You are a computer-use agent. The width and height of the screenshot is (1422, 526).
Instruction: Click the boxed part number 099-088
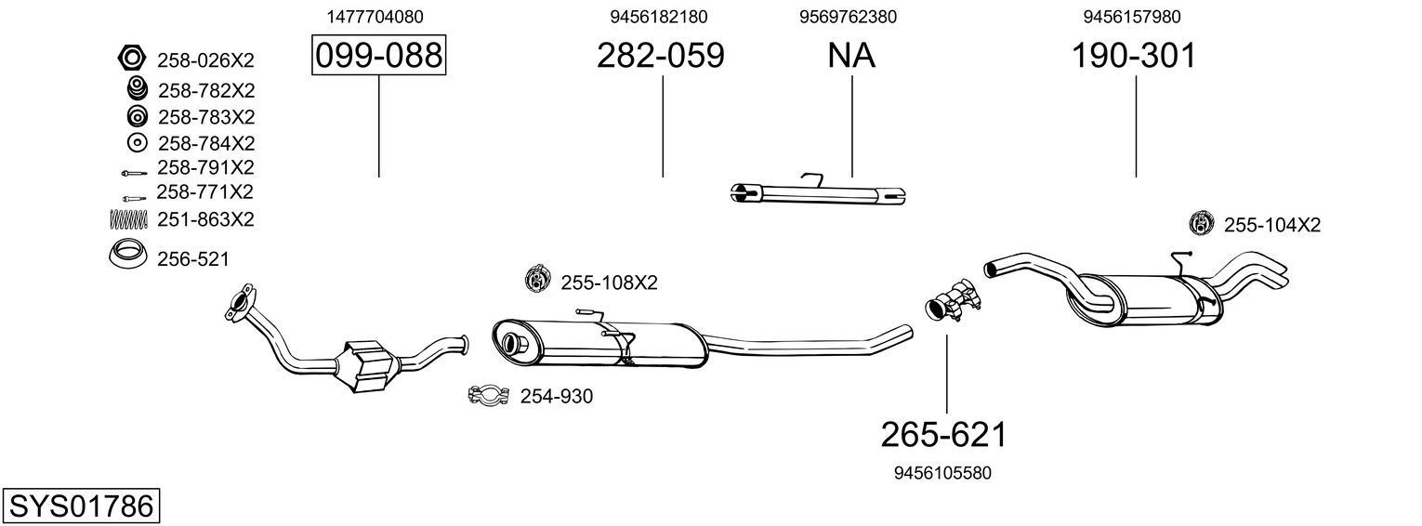point(378,57)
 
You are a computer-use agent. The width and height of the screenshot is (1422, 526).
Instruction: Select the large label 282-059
point(660,57)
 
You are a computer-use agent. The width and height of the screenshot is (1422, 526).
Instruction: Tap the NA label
point(851,57)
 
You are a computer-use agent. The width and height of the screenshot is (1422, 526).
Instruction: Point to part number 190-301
point(1134,57)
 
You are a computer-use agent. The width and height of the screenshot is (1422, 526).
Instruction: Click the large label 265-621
point(944,434)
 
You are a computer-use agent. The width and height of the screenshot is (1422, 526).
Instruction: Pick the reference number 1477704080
point(375,17)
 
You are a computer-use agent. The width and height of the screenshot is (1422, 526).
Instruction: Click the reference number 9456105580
point(942,473)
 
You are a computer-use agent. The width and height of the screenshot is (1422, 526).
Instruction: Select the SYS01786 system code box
point(81,506)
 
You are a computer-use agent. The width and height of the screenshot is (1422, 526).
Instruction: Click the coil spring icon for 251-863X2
point(128,219)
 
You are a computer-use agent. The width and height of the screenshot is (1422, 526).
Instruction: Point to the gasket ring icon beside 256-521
point(127,255)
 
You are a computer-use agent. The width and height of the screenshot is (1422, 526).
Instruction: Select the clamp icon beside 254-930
point(488,396)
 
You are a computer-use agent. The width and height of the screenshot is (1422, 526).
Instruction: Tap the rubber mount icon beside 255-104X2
point(1202,223)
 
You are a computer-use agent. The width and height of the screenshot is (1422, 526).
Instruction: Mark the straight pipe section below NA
point(818,193)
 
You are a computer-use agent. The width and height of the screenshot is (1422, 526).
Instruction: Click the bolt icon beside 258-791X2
point(132,172)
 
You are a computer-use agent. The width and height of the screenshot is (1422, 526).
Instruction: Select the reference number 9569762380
point(848,17)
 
